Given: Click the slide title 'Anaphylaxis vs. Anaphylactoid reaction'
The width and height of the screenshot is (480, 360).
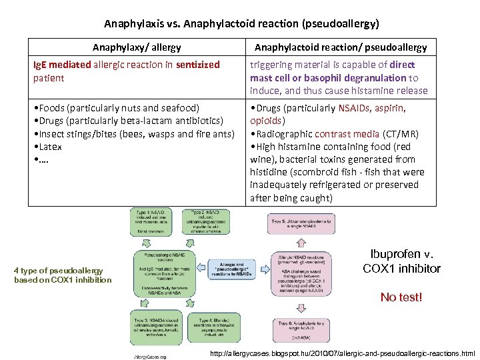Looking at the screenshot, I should [x=241, y=23].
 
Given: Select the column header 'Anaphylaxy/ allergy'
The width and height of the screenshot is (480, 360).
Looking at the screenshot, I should [x=137, y=47].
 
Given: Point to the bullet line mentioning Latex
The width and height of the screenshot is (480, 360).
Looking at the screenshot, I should [x=49, y=146].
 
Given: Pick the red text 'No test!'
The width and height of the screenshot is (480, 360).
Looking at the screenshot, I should [x=401, y=297].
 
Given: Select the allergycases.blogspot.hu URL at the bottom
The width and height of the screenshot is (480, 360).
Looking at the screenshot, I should [x=343, y=353].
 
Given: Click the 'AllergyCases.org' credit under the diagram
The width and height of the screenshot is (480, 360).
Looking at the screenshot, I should [x=150, y=356].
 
